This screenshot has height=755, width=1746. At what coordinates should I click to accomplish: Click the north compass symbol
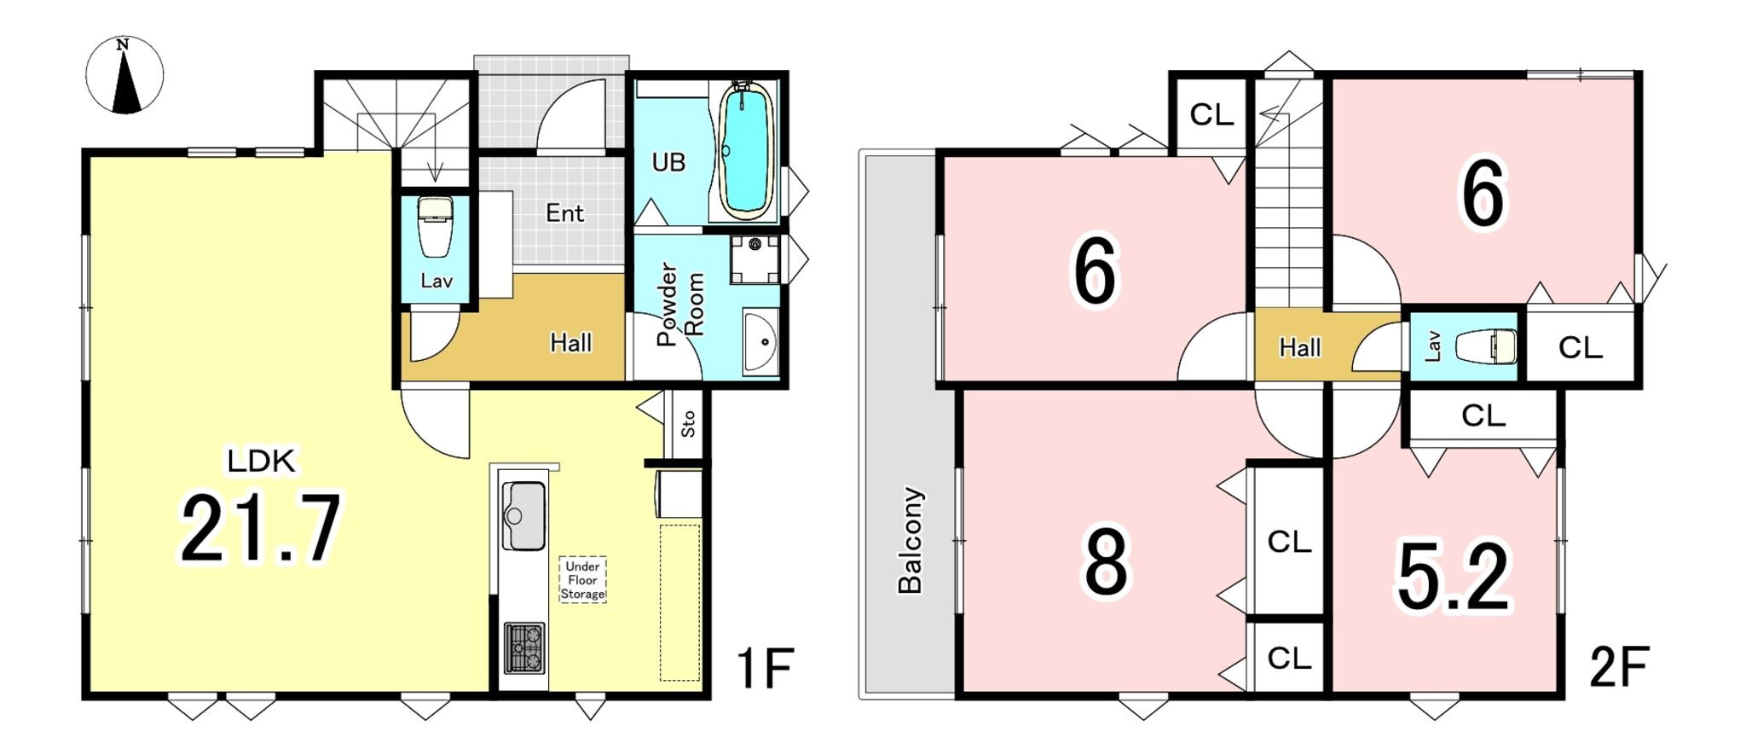[x=124, y=75]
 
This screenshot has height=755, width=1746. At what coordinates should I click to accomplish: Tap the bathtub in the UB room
[x=746, y=151]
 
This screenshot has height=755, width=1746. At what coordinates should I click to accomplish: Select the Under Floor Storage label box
[x=583, y=580]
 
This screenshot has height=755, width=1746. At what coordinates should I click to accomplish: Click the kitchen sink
[x=524, y=515]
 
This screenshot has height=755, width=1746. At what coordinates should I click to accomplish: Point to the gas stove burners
[x=524, y=648]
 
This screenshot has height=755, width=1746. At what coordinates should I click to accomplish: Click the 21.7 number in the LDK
[x=261, y=528]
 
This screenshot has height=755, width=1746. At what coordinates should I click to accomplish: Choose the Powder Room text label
[x=680, y=304]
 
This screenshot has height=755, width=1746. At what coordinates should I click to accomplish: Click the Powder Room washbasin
[x=760, y=342]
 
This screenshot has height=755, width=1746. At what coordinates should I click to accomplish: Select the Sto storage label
[x=688, y=424]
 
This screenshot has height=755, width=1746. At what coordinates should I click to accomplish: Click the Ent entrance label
[x=564, y=212]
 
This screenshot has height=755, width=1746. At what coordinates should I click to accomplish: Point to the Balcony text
[x=911, y=540]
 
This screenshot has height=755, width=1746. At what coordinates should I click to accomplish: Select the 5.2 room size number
[x=1454, y=578]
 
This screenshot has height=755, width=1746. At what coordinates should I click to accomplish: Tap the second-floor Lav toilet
[x=1485, y=346]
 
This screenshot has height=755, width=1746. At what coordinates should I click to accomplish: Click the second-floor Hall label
[x=1299, y=347]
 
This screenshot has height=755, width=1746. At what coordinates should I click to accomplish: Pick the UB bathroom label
[x=668, y=162]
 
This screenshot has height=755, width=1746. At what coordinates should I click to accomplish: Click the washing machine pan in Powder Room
[x=754, y=259]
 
